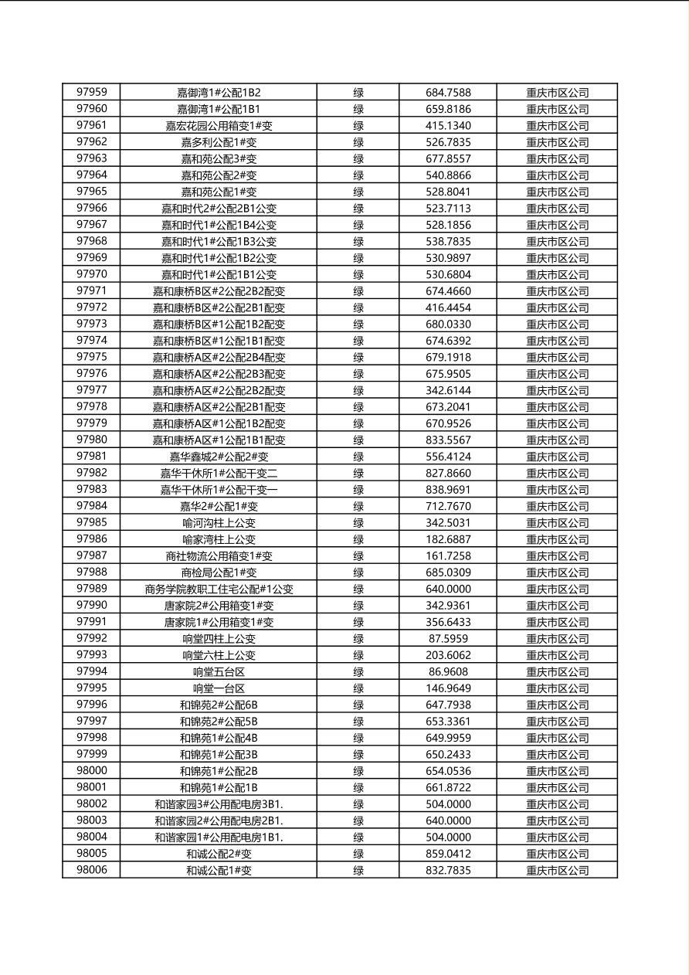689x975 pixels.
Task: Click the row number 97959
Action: tap(91, 93)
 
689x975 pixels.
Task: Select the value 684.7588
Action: tap(448, 93)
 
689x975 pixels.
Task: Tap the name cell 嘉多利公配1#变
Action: tap(219, 142)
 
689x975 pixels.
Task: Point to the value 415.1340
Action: tap(448, 126)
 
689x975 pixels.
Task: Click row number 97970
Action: tap(91, 274)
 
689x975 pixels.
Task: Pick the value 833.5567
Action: tap(448, 440)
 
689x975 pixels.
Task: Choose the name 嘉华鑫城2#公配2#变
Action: tap(219, 457)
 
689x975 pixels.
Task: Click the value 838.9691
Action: tap(448, 490)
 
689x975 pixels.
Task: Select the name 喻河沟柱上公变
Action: tap(219, 523)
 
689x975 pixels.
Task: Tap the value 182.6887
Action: tap(448, 539)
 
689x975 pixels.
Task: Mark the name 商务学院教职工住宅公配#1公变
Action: tap(219, 589)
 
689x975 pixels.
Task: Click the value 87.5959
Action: tap(448, 639)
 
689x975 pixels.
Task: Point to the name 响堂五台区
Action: tap(219, 672)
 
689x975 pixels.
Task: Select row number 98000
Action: tap(91, 771)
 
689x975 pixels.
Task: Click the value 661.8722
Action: tap(448, 788)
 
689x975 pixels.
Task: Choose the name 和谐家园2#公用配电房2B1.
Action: tap(219, 820)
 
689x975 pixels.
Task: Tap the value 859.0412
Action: tap(448, 854)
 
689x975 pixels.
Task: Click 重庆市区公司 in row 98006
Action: tap(557, 871)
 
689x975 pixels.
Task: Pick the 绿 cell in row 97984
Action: tap(358, 507)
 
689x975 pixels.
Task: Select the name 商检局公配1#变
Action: tap(219, 572)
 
